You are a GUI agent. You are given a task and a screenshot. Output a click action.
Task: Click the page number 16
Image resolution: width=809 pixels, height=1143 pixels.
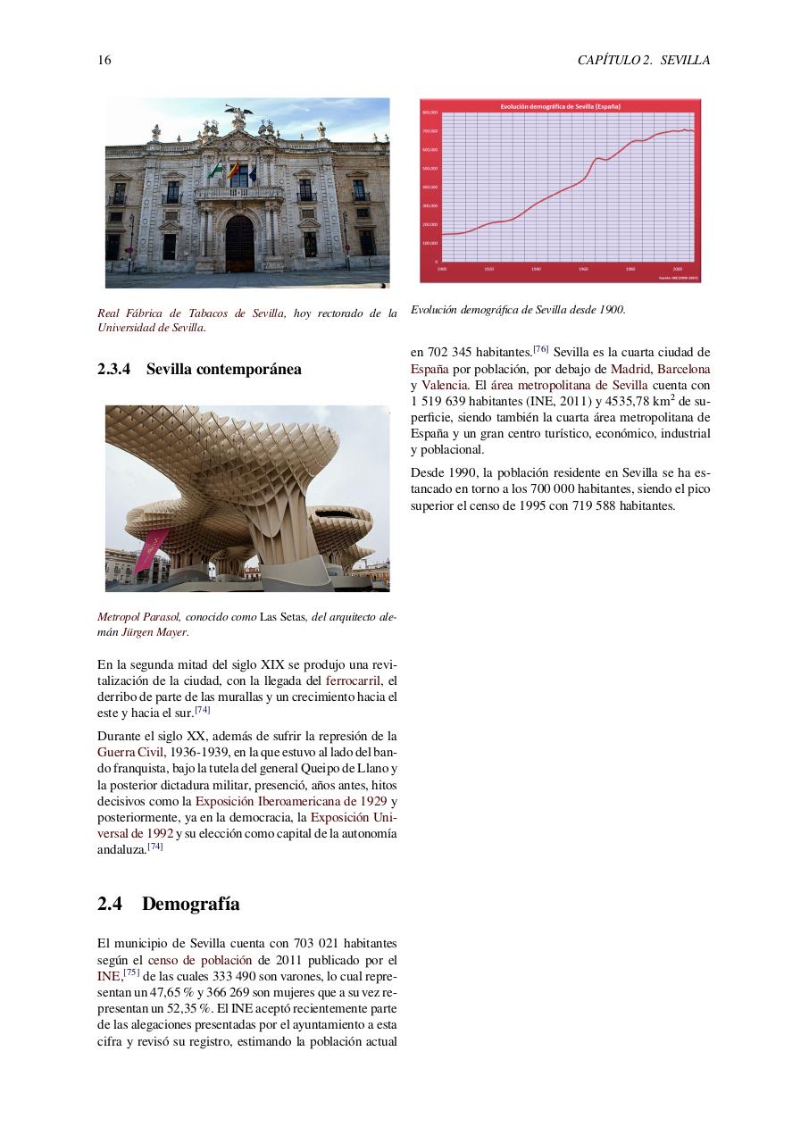pos(104,61)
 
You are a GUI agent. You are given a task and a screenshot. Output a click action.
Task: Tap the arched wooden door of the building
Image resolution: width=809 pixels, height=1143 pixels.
pos(239,243)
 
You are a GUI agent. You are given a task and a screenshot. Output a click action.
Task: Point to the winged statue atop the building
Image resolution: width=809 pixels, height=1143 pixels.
pos(238,115)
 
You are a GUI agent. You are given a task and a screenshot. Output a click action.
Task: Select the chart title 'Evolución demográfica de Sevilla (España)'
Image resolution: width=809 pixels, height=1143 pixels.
pos(560,106)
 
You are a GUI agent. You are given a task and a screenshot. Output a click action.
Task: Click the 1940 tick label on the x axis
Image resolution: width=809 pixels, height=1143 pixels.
pos(536,268)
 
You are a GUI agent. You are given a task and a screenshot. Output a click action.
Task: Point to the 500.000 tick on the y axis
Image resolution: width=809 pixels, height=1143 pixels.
pos(430,168)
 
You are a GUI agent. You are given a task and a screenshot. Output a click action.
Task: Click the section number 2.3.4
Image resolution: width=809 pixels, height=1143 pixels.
pos(116,369)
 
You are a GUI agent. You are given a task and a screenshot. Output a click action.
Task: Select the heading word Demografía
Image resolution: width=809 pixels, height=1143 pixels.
pos(190,904)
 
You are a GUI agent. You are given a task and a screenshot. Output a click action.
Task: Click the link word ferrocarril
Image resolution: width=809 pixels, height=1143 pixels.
pos(354,680)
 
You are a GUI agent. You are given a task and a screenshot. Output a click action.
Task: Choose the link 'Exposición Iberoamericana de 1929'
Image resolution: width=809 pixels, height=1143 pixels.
pos(291,801)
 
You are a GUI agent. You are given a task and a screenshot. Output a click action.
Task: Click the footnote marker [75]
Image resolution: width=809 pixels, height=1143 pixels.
pos(132,973)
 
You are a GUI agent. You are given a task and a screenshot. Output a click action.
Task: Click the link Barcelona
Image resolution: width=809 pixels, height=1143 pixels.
pos(683,369)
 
